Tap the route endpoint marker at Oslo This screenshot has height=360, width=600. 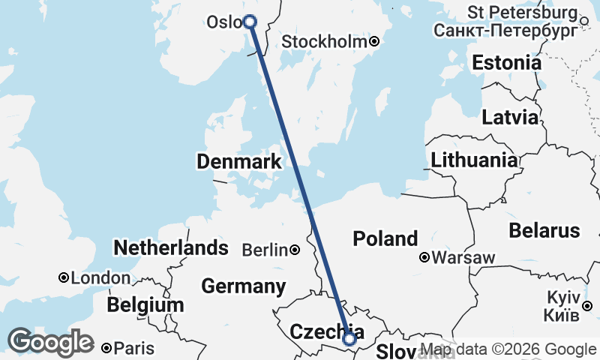click(x=250, y=22)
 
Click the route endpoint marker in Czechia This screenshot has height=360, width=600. click(x=349, y=339)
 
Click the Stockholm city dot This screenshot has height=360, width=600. click(x=374, y=42)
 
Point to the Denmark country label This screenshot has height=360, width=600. click(x=239, y=161)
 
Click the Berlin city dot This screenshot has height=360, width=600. click(x=295, y=250)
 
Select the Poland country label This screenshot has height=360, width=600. click(x=385, y=238)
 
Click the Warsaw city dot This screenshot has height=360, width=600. click(x=424, y=258)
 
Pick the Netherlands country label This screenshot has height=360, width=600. click(x=170, y=247)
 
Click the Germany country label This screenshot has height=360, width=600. click(x=244, y=286)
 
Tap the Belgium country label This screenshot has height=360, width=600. click(x=145, y=305)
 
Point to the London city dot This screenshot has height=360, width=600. click(x=64, y=277)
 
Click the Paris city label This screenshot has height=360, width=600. click(x=134, y=348)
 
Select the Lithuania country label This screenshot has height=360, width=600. click(x=474, y=160)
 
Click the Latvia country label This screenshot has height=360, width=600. click(x=510, y=118)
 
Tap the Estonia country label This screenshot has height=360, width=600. click(x=506, y=63)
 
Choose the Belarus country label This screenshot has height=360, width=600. click(x=544, y=230)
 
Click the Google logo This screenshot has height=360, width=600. click(x=50, y=342)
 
